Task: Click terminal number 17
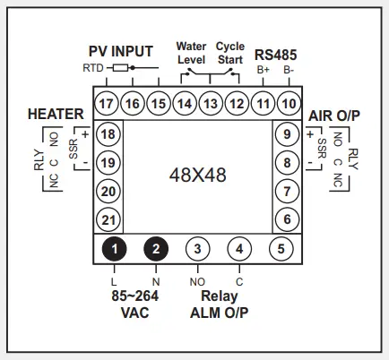pyautogui.click(x=107, y=103)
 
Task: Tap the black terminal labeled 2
pyautogui.click(x=156, y=248)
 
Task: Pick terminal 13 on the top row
pyautogui.click(x=211, y=103)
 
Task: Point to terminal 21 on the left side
pyautogui.click(x=108, y=219)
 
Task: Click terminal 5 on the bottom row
pyautogui.click(x=281, y=248)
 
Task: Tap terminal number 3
pyautogui.click(x=198, y=248)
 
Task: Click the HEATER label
pyautogui.click(x=56, y=114)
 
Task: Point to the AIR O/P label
pyautogui.click(x=333, y=116)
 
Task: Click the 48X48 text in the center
pyautogui.click(x=197, y=176)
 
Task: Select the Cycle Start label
pyautogui.click(x=230, y=52)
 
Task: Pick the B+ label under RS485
pyautogui.click(x=264, y=69)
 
